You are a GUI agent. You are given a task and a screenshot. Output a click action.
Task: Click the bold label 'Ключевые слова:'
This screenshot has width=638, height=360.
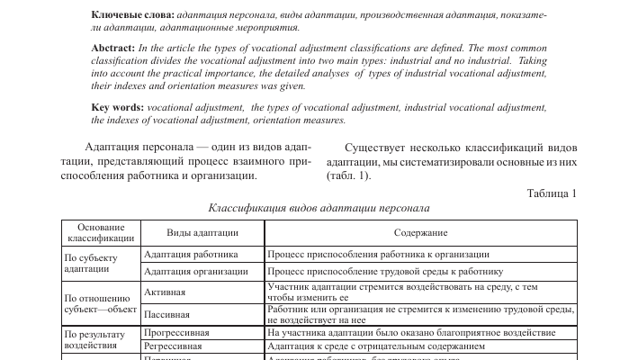(133, 16)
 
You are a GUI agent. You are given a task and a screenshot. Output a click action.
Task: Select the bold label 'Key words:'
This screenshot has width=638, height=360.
(118, 106)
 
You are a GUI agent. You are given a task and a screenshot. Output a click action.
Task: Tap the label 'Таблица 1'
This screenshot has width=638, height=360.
(551, 193)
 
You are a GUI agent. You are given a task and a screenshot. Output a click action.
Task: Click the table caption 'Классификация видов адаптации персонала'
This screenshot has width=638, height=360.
(319, 208)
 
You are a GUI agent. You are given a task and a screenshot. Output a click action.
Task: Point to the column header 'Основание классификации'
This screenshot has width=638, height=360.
(101, 233)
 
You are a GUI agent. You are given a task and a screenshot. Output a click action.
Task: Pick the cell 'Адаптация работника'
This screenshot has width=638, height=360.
(191, 255)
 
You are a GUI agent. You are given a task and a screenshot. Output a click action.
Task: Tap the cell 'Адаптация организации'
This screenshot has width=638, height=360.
(195, 271)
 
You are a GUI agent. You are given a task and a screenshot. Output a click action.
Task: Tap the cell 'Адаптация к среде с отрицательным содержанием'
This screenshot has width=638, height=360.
(376, 346)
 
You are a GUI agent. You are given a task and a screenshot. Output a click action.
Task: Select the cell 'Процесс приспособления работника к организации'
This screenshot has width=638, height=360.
(378, 255)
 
